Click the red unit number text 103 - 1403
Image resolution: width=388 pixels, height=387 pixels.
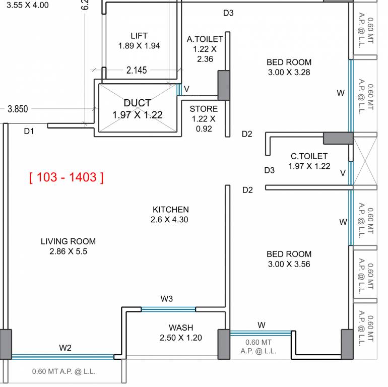[x=67, y=177]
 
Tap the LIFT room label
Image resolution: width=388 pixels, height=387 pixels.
[x=139, y=36]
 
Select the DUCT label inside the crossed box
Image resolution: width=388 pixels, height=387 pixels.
[x=137, y=103]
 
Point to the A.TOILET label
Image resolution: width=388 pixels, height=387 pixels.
[x=205, y=39]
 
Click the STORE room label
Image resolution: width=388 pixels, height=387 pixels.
[x=204, y=109]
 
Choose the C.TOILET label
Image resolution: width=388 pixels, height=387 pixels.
[x=309, y=156]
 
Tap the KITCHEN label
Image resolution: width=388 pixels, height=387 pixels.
[x=171, y=209]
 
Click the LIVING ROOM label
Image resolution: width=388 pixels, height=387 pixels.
[x=68, y=241]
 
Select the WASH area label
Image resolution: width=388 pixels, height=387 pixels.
[x=181, y=328]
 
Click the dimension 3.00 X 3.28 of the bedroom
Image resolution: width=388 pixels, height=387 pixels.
[x=289, y=72]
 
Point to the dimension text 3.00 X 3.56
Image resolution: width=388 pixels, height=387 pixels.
[x=289, y=264]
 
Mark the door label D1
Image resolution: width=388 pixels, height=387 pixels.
[x=29, y=132]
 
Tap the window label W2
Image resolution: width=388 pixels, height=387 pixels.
[x=65, y=347]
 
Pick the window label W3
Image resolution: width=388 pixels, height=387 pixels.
[x=167, y=299]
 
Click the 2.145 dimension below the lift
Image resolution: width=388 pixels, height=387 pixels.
[x=137, y=71]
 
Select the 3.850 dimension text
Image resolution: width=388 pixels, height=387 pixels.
[x=18, y=108]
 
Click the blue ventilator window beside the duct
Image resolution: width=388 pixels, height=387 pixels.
[x=178, y=90]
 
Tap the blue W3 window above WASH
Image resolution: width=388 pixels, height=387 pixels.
[x=168, y=309]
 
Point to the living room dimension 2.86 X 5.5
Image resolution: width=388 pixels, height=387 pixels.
[x=68, y=251]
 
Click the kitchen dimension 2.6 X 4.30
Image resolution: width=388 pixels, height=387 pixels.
[x=169, y=220]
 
